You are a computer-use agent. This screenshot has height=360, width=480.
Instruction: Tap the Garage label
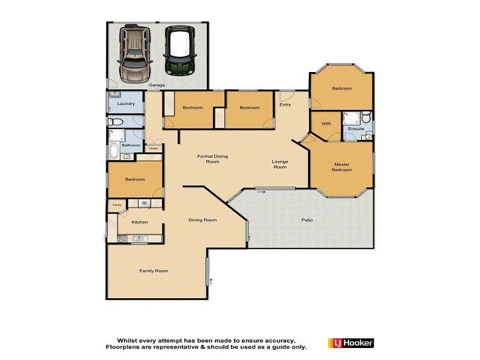click(x=157, y=85)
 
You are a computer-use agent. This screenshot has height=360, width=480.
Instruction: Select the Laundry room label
click(x=126, y=104)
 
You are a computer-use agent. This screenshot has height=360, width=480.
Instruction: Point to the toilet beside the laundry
click(x=116, y=122)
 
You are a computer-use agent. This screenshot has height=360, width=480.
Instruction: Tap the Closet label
click(x=154, y=148)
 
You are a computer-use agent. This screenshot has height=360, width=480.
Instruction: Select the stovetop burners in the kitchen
click(x=122, y=239)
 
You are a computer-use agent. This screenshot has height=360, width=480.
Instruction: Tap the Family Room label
click(x=154, y=271)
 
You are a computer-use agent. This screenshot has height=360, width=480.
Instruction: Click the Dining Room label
click(x=202, y=220)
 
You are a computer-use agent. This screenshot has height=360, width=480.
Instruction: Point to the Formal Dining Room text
click(x=213, y=159)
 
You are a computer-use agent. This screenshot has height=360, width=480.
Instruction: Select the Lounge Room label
click(x=280, y=164)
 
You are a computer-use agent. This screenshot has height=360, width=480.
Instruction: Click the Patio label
click(x=306, y=220)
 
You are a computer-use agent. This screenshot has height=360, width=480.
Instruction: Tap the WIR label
click(x=326, y=124)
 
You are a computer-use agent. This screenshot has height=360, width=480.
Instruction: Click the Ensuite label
click(x=356, y=128)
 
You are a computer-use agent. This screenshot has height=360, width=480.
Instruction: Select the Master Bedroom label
click(x=342, y=167)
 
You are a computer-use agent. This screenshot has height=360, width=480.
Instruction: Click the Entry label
click(x=285, y=104)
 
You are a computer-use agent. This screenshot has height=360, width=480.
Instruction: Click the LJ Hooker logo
click(x=351, y=343)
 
